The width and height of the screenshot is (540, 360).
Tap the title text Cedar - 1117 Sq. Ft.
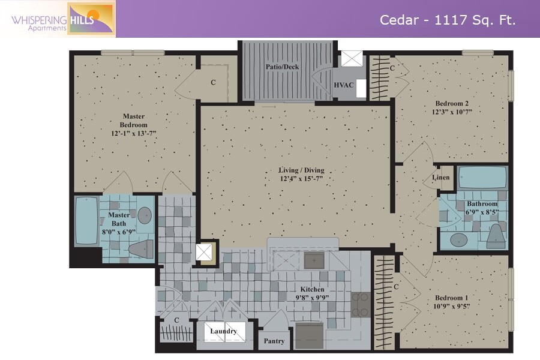448,20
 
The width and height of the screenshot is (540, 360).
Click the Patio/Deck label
283,67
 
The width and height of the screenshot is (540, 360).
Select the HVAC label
344,85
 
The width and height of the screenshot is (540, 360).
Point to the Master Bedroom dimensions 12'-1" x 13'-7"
134,133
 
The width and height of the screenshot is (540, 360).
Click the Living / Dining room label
301,170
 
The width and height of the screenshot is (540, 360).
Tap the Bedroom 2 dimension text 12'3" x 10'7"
452,112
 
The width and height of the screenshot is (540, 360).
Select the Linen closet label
441,178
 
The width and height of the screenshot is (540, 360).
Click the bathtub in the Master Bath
86,220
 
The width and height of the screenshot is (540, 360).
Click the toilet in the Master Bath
141,248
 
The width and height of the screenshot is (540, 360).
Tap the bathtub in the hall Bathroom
482,178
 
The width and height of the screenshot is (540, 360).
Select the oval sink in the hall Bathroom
459,240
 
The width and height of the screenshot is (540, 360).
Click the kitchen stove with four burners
361,305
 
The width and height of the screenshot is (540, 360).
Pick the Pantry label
274,341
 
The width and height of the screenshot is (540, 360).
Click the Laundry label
224,331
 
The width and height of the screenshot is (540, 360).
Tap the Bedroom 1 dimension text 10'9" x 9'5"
451,306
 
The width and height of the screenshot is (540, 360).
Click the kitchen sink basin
314,261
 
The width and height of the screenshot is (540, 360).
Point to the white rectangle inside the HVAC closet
361,88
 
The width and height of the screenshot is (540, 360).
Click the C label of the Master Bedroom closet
213,82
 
